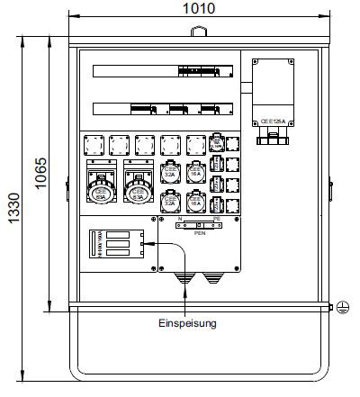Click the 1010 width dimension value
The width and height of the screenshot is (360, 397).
[x=192, y=9]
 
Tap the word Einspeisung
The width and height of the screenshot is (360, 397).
[x=187, y=322]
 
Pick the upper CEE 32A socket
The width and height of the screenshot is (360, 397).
[x=170, y=171]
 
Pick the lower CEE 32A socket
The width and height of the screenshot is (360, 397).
[x=170, y=201]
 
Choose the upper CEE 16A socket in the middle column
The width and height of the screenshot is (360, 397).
[x=196, y=171]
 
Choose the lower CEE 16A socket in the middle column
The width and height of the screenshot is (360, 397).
[x=196, y=201]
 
